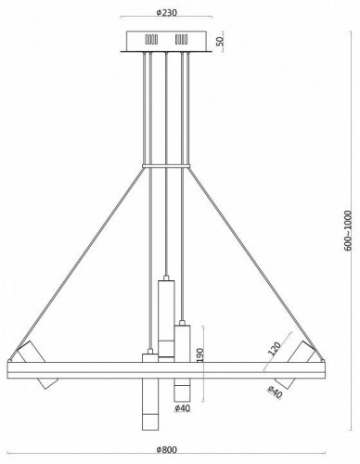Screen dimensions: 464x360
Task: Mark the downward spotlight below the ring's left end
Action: pos(46,382)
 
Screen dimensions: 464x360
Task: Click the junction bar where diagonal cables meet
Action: pos(166,167)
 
